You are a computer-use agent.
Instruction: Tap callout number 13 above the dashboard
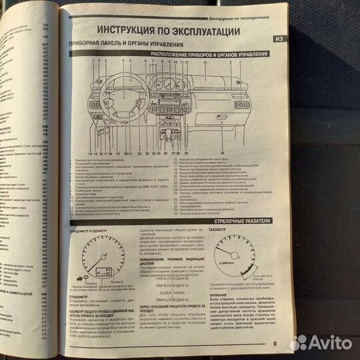tap(205, 61)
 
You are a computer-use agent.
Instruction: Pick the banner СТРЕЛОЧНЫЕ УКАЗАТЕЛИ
tap(239, 219)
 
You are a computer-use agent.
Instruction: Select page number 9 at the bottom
tap(274, 344)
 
